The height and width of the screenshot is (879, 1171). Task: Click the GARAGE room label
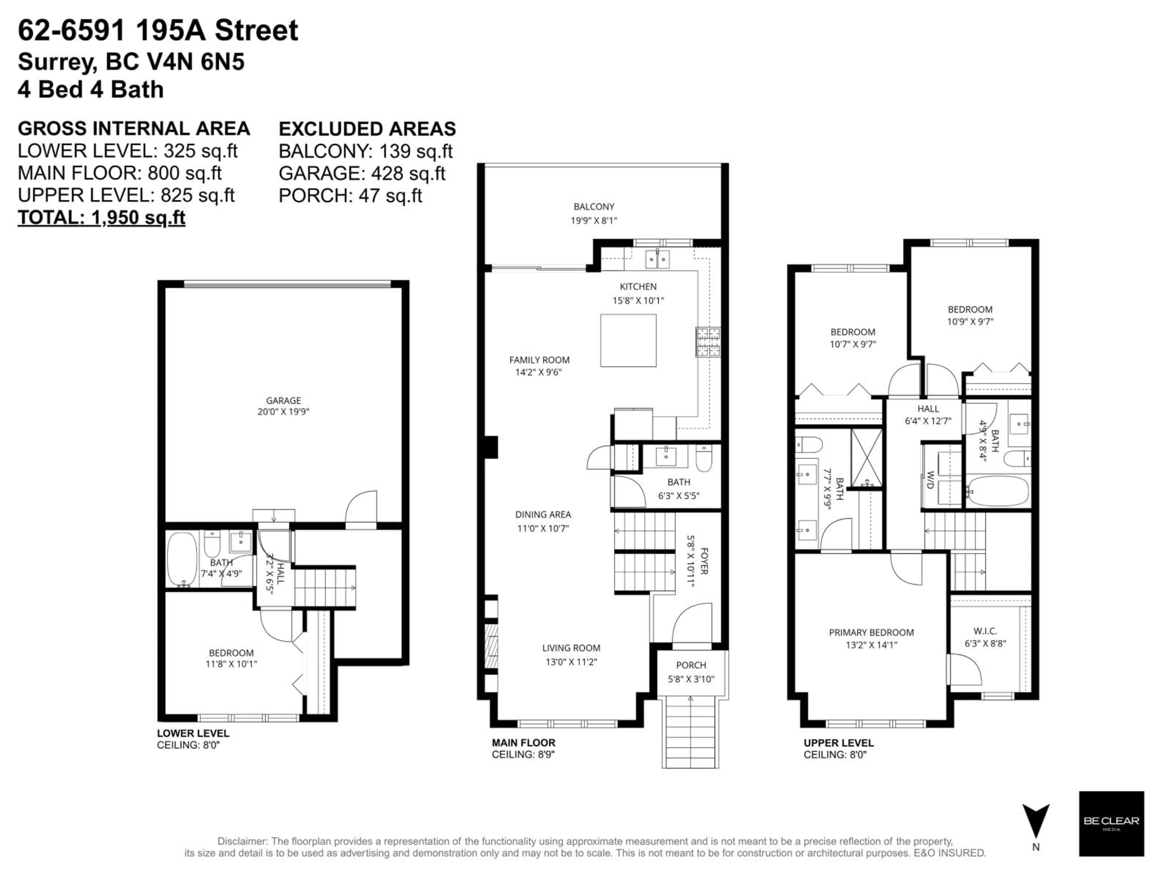[283, 400]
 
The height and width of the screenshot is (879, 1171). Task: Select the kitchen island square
[628, 340]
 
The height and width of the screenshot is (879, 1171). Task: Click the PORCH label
[691, 665]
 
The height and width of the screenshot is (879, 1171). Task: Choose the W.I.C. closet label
[985, 631]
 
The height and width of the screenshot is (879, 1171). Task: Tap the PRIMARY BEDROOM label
[871, 632]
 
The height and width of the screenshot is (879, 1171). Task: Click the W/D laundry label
[930, 479]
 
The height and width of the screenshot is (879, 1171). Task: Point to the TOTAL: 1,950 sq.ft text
[102, 217]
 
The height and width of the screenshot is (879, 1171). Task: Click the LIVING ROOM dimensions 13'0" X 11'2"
[571, 662]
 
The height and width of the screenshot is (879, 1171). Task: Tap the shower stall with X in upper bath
[867, 458]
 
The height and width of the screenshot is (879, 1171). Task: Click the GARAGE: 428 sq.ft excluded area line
[362, 173]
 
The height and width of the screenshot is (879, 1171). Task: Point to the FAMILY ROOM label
[539, 360]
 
